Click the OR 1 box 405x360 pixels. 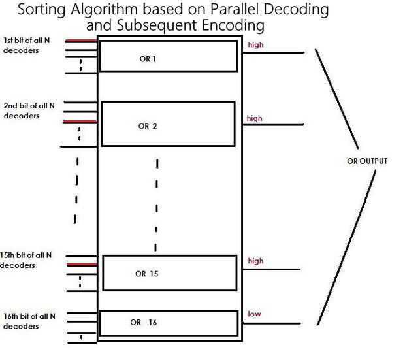tap(167, 57)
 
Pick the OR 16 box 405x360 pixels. tap(168, 323)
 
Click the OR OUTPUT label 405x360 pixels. tap(367, 161)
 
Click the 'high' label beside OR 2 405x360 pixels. tap(254, 118)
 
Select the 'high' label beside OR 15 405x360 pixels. tap(255, 261)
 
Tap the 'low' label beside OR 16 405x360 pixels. tap(254, 314)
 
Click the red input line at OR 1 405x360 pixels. tap(79, 41)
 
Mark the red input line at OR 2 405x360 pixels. tap(79, 122)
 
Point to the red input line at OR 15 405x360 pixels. tap(81, 264)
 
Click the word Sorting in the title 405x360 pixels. tap(45, 11)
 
